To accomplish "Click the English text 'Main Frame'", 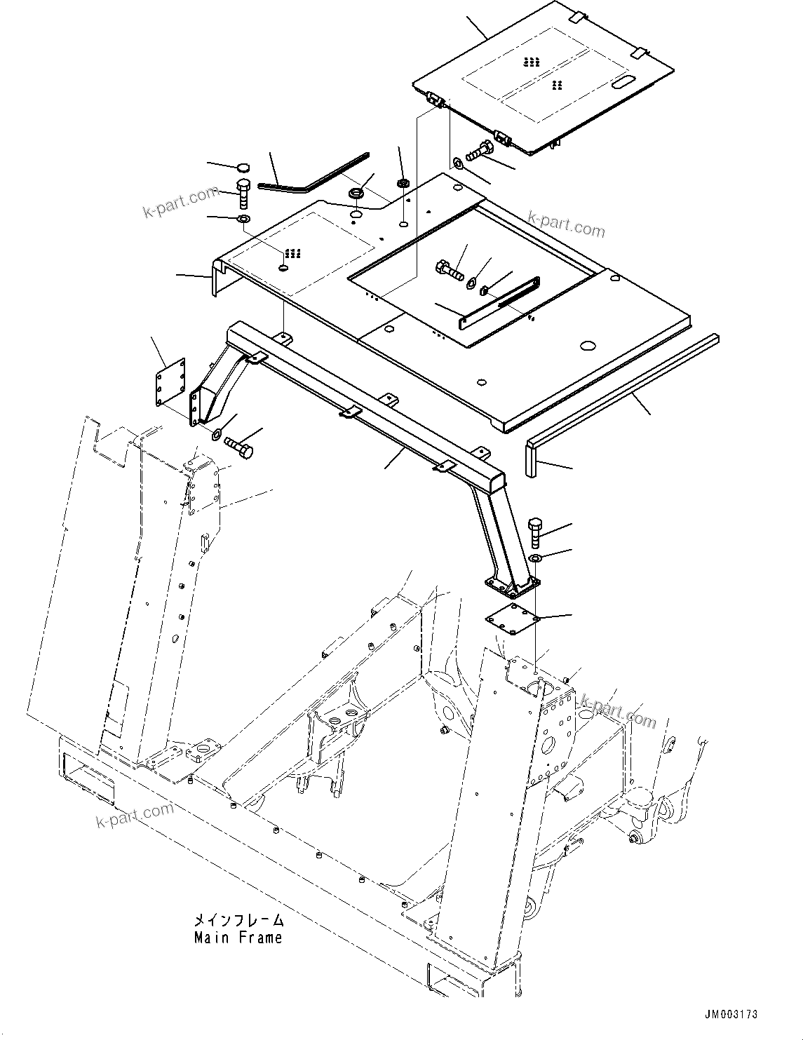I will coord(238,938).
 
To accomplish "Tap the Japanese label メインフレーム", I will coord(238,920).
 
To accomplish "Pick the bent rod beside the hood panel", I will coord(309,176).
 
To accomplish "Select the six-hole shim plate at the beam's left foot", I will coord(170,382).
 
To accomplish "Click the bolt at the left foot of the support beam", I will coord(239,445).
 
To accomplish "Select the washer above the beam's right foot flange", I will coord(534,558).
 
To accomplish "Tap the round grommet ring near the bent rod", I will coord(356,192).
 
